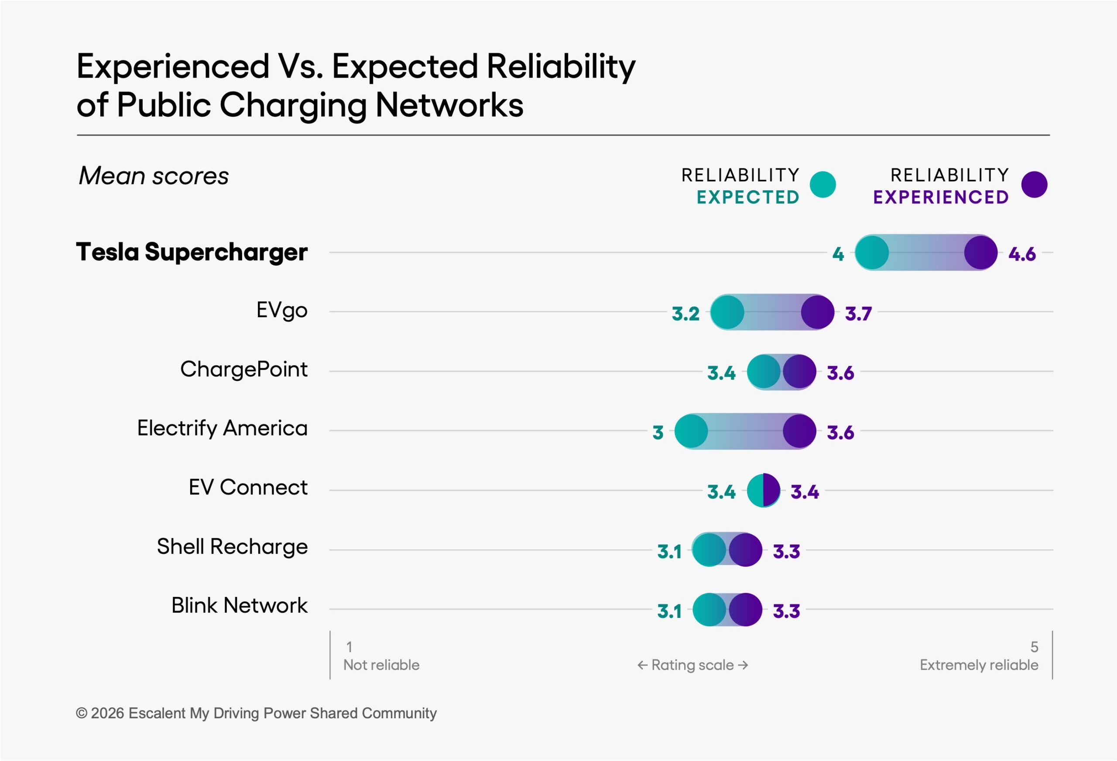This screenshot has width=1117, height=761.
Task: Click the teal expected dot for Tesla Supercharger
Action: pyautogui.click(x=871, y=252)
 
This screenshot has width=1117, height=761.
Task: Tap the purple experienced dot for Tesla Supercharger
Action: pyautogui.click(x=980, y=252)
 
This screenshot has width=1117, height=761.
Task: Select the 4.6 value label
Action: pyautogui.click(x=1022, y=254)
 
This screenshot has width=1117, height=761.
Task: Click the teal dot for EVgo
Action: pyautogui.click(x=727, y=312)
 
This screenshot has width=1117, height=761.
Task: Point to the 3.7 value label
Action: pyautogui.click(x=858, y=314)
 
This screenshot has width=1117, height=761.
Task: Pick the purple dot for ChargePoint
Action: pyautogui.click(x=799, y=372)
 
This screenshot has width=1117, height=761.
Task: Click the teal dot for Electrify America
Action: pyautogui.click(x=691, y=431)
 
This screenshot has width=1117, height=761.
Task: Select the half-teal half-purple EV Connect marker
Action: pyautogui.click(x=763, y=490)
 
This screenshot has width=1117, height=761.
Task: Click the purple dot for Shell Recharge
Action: pyautogui.click(x=746, y=550)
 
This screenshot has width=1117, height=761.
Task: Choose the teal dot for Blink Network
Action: pyautogui.click(x=709, y=610)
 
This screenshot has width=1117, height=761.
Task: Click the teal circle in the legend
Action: pyautogui.click(x=822, y=185)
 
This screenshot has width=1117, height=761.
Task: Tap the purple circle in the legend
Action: pyautogui.click(x=1035, y=185)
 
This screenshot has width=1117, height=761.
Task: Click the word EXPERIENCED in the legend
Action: pyautogui.click(x=941, y=197)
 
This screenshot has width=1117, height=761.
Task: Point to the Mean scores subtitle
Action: pyautogui.click(x=154, y=175)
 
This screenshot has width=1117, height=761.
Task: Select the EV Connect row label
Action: pyautogui.click(x=247, y=487)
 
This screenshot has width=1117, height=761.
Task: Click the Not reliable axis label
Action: pyautogui.click(x=381, y=665)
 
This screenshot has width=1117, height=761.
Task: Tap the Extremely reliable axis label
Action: pyautogui.click(x=979, y=665)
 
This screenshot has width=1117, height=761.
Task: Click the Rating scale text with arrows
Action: pyautogui.click(x=692, y=665)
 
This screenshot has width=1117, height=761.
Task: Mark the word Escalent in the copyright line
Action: pyautogui.click(x=157, y=713)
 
